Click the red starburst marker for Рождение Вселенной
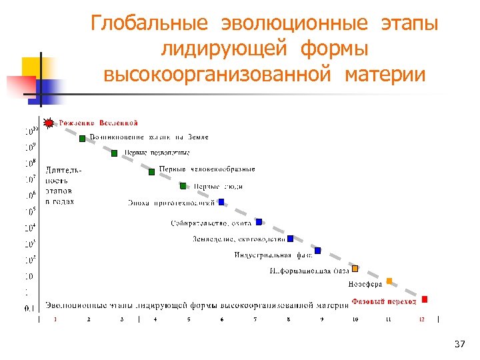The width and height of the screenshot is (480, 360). pyautogui.click(x=49, y=123)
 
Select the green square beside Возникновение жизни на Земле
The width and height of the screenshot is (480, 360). pyautogui.click(x=83, y=139)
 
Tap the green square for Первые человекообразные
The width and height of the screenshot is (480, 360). pyautogui.click(x=152, y=171)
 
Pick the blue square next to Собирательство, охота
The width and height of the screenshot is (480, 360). pyautogui.click(x=259, y=222)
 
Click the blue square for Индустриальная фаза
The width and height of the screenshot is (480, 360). pyautogui.click(x=318, y=251)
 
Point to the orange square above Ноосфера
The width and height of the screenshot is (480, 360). pyautogui.click(x=389, y=281)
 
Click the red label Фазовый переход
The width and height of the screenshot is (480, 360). pyautogui.click(x=384, y=301)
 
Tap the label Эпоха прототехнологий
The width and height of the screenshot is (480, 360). pyautogui.click(x=171, y=203)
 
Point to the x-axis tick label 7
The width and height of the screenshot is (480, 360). pyautogui.click(x=255, y=320)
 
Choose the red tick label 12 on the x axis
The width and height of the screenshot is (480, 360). pyautogui.click(x=421, y=320)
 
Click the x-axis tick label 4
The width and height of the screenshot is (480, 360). pyautogui.click(x=155, y=320)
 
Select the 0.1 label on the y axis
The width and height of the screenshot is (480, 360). pyautogui.click(x=30, y=308)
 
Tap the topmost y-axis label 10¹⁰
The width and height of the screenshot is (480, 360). pyautogui.click(x=30, y=129)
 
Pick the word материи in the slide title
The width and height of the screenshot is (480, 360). pyautogui.click(x=385, y=74)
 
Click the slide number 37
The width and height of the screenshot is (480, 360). pyautogui.click(x=459, y=344)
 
